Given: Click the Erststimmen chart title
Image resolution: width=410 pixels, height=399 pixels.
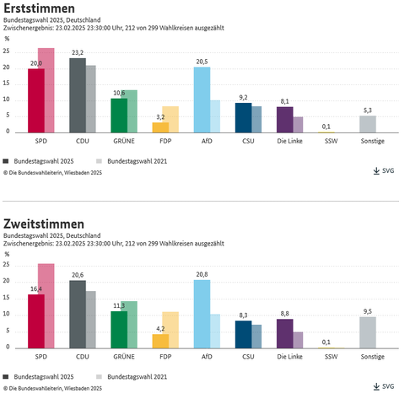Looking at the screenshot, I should [39, 8].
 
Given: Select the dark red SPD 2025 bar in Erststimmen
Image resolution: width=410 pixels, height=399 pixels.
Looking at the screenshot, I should [35, 100].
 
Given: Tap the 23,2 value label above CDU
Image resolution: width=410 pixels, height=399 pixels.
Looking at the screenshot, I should [77, 53].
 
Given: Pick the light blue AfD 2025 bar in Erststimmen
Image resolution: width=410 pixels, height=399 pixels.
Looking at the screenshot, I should [201, 99].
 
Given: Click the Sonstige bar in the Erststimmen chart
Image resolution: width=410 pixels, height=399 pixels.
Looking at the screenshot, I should [367, 123].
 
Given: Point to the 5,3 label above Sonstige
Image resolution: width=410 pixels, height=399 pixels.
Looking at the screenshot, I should [367, 111].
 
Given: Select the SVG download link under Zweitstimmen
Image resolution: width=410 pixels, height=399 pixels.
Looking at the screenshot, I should [383, 386].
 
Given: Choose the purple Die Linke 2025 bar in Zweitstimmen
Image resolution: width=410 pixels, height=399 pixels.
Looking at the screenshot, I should [284, 333].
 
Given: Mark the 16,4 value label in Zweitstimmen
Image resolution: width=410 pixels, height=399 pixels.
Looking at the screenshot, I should [35, 288].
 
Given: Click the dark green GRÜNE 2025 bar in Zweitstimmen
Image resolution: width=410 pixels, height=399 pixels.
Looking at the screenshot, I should [118, 329].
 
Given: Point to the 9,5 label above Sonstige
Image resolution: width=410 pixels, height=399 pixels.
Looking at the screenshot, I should [367, 311].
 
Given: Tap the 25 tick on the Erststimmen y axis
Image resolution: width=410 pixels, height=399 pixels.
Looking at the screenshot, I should [7, 51].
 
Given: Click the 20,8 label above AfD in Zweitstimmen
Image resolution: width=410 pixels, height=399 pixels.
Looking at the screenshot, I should [201, 275].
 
